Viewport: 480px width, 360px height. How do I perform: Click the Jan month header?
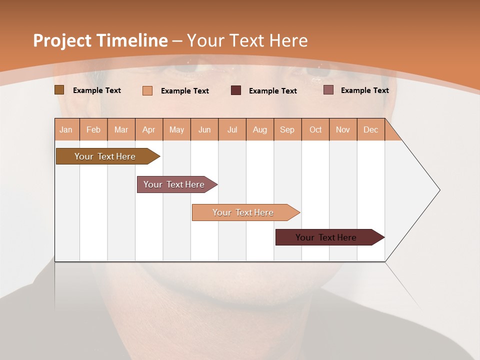(66, 129)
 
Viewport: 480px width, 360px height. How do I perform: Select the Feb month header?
(93, 129)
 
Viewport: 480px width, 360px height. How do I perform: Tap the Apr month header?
(148, 129)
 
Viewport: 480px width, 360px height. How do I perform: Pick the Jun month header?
(204, 129)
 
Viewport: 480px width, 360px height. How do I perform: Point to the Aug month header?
(259, 129)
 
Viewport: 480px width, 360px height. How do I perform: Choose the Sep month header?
(287, 129)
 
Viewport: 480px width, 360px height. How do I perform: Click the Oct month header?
(315, 129)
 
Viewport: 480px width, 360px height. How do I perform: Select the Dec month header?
(370, 129)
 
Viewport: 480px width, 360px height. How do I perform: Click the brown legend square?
(59, 90)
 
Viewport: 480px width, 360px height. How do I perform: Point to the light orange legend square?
(147, 90)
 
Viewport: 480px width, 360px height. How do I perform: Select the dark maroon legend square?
(236, 90)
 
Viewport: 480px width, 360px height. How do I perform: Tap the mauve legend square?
(328, 90)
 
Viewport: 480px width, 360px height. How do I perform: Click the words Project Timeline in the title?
(100, 40)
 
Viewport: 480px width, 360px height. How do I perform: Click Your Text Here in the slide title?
(247, 40)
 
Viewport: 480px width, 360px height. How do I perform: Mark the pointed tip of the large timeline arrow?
(439, 190)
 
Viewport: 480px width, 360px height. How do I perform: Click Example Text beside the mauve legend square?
(364, 90)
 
